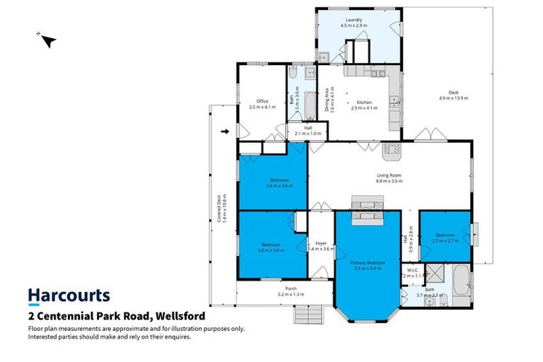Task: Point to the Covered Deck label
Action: (220, 210)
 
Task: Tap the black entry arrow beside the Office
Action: (226, 132)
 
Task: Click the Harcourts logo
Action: (69, 296)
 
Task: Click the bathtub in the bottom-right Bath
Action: (460, 281)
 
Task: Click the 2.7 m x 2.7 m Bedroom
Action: (445, 237)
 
